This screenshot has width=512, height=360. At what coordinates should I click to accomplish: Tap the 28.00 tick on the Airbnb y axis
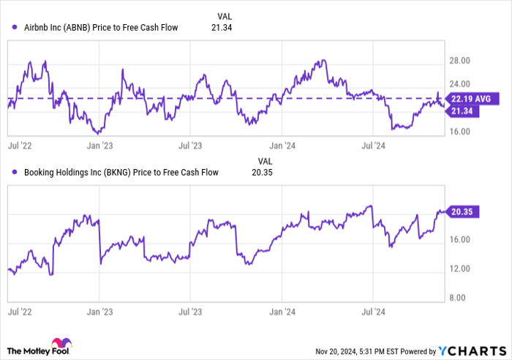[463, 61]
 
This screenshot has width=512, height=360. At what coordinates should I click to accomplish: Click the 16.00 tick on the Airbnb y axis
[463, 132]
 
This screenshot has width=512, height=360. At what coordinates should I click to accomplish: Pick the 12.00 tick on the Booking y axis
[463, 269]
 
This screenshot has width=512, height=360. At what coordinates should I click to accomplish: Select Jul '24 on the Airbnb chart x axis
[373, 146]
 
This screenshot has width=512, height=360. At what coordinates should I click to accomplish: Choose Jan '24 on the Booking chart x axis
[283, 311]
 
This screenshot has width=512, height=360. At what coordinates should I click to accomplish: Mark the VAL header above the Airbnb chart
[227, 15]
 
